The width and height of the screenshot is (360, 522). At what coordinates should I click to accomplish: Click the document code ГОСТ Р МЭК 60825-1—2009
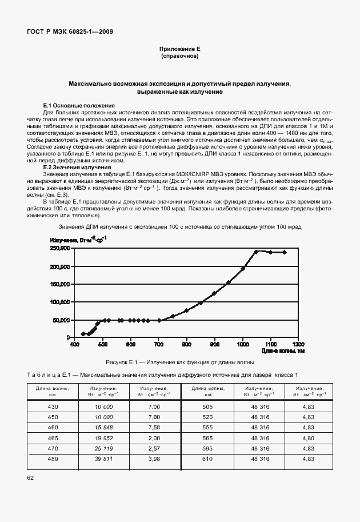pos(70,31)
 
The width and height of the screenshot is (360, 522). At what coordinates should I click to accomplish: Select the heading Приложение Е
pos(179,50)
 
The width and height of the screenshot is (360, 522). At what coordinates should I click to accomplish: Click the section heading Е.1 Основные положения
pos(79,106)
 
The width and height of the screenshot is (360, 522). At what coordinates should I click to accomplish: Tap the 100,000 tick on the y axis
pos(59,302)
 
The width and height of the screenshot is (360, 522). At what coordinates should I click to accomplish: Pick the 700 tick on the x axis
pos(159,344)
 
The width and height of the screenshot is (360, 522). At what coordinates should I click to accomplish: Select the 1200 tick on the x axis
pos(298,344)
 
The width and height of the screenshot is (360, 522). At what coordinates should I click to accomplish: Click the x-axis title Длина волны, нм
pos(286,350)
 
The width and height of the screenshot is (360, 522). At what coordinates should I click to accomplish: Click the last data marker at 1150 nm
pos(284,252)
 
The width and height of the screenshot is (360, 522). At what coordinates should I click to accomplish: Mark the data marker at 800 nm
pos(187,310)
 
